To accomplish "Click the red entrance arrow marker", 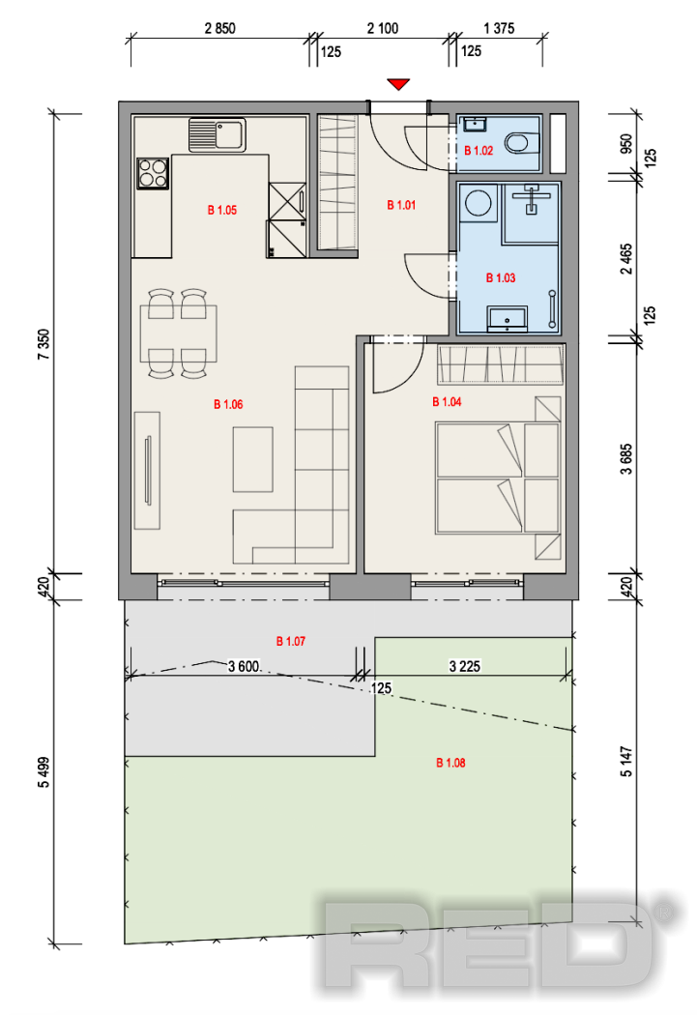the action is click(398, 84).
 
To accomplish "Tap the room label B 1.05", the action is click(222, 210).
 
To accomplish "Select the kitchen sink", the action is click(217, 134).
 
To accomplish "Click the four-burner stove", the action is click(153, 173).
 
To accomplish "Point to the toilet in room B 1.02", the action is click(521, 142).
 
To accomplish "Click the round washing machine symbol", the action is click(479, 201).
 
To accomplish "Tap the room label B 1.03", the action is click(500, 277).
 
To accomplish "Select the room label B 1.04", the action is click(447, 402).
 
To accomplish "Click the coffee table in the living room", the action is click(252, 459).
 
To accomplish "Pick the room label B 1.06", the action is click(228, 405).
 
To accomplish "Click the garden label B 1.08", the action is click(450, 763).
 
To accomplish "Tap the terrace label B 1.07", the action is click(291, 641).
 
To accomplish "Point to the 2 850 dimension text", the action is click(220, 28).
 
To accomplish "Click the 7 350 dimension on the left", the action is click(44, 344).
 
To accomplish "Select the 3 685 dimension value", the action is click(625, 459).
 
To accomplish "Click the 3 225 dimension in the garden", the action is click(465, 666).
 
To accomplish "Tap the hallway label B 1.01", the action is click(401, 205).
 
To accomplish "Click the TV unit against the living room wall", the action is click(147, 470).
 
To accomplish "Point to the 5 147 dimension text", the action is click(625, 762).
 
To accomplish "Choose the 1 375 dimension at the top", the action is click(499, 28).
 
